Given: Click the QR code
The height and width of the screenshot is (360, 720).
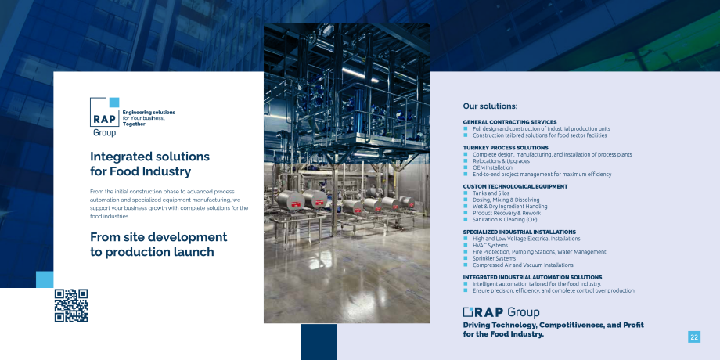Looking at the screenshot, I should click(70, 305).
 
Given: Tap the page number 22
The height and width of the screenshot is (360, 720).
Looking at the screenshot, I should click(693, 337).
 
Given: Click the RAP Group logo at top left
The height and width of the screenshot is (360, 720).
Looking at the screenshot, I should click(105, 117).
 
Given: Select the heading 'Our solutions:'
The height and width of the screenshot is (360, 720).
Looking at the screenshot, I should click(490, 106).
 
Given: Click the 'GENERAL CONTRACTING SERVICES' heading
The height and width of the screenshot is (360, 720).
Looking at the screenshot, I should click(509, 122).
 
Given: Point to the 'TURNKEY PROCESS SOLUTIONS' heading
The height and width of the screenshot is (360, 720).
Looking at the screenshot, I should click(506, 148).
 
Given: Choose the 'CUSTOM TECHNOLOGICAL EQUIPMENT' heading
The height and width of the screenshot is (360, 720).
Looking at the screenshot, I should click(515, 186).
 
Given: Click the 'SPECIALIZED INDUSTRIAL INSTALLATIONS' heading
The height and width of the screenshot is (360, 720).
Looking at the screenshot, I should click(519, 232).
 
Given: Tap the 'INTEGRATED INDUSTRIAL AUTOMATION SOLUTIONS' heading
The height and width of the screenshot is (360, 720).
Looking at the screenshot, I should click(532, 277).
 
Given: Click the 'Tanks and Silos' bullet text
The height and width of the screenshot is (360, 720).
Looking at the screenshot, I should click(491, 193).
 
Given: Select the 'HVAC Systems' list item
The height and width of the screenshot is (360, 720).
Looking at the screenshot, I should click(490, 245).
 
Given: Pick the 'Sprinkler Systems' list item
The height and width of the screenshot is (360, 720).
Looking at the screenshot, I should click(494, 258).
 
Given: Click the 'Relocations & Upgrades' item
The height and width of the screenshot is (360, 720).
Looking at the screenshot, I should click(501, 160).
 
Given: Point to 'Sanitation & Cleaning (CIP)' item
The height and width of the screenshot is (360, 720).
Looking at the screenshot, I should click(505, 219).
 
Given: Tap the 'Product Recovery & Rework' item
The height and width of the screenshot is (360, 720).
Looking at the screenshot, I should click(506, 213).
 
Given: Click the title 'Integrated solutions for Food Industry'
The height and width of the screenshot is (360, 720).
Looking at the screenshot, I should click(149, 164).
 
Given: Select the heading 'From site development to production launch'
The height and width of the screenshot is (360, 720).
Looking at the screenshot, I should click(159, 244).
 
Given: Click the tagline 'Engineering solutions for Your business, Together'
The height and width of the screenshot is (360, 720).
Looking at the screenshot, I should click(149, 117).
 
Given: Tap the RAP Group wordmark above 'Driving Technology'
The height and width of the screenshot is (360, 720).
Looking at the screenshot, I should click(501, 312).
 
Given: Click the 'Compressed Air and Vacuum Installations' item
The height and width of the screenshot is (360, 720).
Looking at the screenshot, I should click(523, 265).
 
